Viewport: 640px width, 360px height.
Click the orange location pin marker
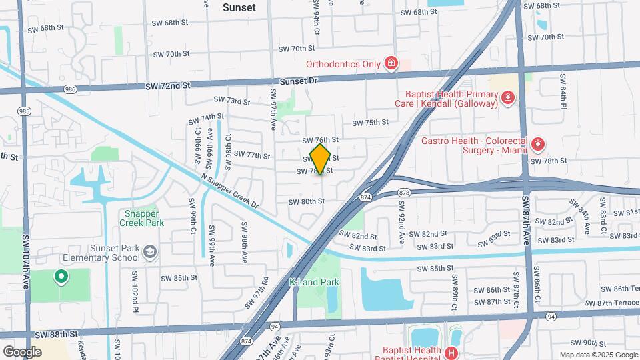click(x=321, y=159)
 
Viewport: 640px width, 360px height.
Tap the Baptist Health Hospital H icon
click(x=452, y=353)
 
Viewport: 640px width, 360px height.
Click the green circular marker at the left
click(x=61, y=275)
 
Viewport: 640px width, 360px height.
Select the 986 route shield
click(x=71, y=89)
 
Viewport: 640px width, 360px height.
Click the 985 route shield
click(x=25, y=111)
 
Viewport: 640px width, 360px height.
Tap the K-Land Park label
click(x=314, y=282)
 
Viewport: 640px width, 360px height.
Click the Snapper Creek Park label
click(x=141, y=219)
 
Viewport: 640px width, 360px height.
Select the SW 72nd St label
click(x=168, y=85)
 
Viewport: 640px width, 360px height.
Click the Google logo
click(x=22, y=351)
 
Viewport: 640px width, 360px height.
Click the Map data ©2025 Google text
click(x=597, y=355)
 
